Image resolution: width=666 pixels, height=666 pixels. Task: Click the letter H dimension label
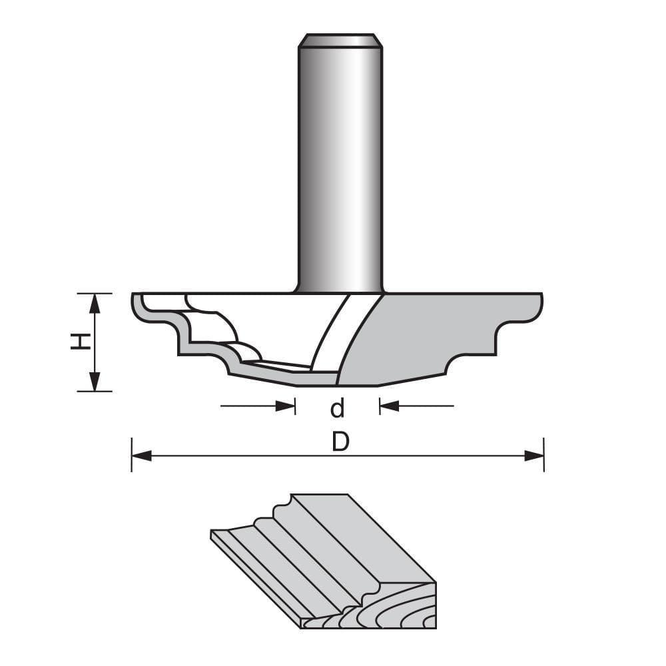click(81, 342)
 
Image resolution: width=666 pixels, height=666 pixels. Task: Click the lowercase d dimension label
click(338, 408)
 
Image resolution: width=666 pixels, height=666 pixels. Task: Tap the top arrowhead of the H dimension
click(95, 303)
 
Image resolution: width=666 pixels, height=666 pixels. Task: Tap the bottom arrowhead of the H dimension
click(95, 381)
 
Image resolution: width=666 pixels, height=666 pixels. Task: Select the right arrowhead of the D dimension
click(534, 456)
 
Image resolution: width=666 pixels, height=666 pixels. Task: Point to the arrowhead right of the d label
click(389, 406)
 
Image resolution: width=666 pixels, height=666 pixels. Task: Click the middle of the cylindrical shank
click(340, 166)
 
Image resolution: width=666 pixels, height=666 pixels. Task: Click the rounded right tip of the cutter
click(538, 306)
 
